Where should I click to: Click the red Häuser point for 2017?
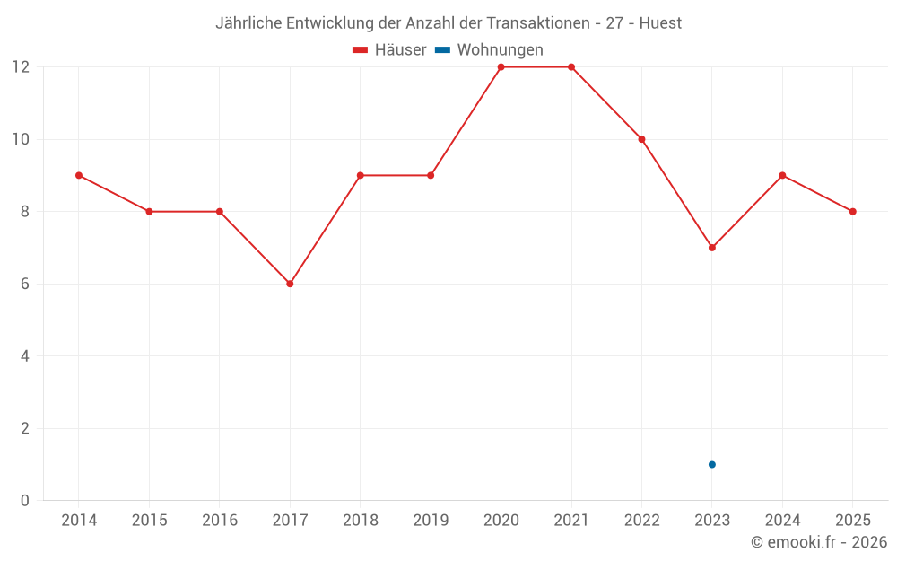click(x=290, y=284)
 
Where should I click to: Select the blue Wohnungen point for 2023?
click(x=712, y=464)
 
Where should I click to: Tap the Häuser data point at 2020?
click(x=501, y=67)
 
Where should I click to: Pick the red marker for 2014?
click(x=79, y=175)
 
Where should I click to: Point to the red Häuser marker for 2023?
click(x=712, y=248)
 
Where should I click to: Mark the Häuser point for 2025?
click(x=853, y=212)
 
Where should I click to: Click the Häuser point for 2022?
click(x=641, y=139)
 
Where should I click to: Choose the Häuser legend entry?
click(x=389, y=50)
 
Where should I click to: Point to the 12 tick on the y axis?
click(x=21, y=67)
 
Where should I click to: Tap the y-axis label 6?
click(x=25, y=284)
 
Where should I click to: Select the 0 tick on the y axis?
click(x=25, y=501)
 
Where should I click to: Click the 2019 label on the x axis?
click(x=431, y=521)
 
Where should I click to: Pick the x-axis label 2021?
click(x=571, y=521)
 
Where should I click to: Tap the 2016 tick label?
click(x=220, y=521)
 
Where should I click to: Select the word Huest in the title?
click(x=660, y=23)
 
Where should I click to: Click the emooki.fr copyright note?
click(x=819, y=542)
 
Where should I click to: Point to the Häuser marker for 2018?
click(x=361, y=175)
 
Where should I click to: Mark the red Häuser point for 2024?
click(x=782, y=175)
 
